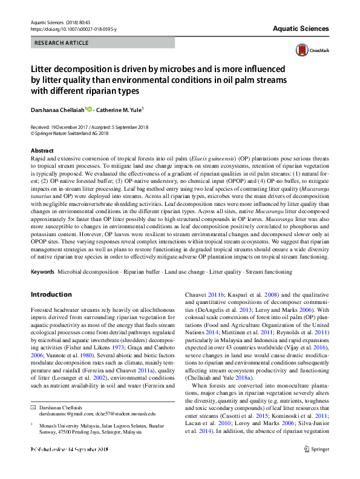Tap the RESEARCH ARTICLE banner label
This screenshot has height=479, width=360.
pyautogui.click(x=61, y=43)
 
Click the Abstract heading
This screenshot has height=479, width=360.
pyautogui.click(x=42, y=150)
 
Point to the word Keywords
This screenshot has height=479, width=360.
pyautogui.click(x=42, y=272)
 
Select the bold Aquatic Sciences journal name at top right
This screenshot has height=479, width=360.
pyautogui.click(x=300, y=28)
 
